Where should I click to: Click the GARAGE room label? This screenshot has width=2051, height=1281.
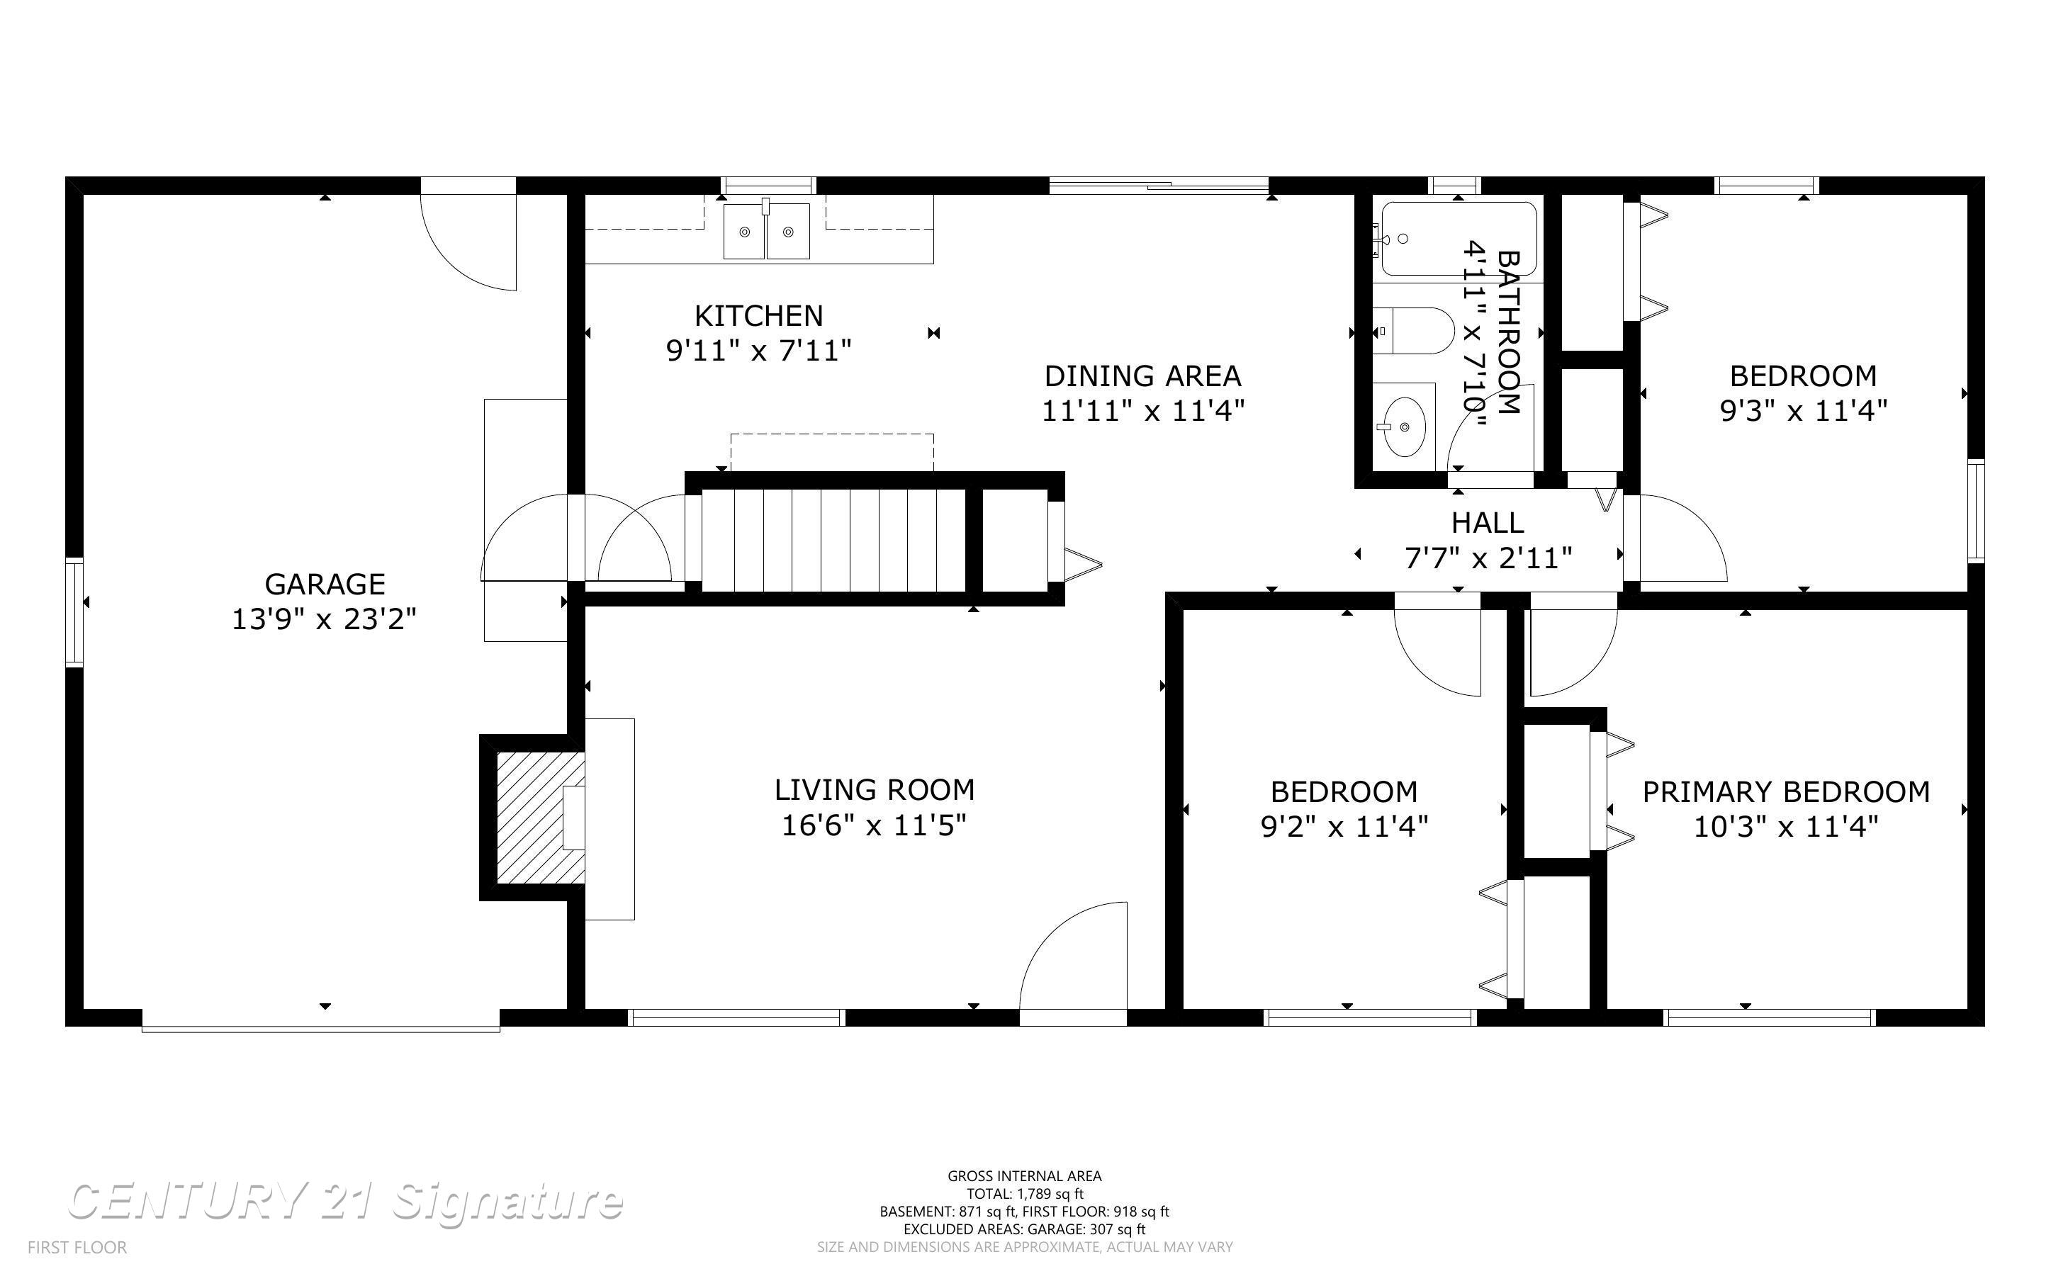(325, 584)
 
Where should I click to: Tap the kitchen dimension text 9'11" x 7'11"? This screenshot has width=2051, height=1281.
(758, 350)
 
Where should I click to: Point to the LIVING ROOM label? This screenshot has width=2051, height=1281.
(875, 789)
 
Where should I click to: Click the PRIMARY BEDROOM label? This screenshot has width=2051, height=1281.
(1786, 791)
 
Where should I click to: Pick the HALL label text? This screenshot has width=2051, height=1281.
(1488, 523)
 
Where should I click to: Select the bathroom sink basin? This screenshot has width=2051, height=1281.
(1403, 426)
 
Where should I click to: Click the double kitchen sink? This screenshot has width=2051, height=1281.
(766, 230)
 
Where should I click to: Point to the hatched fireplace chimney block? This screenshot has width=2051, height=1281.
(539, 818)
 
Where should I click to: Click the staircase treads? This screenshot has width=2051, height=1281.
(833, 540)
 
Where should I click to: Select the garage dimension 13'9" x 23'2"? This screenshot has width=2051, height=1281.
(325, 619)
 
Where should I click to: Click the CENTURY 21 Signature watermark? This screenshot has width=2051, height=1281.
(345, 1202)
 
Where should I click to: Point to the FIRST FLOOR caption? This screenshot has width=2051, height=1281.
(77, 1247)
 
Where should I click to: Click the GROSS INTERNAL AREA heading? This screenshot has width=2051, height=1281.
(1024, 1176)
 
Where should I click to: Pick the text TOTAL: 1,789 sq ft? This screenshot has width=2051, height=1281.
(1024, 1194)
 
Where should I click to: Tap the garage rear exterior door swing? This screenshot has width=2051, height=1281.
(468, 234)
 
